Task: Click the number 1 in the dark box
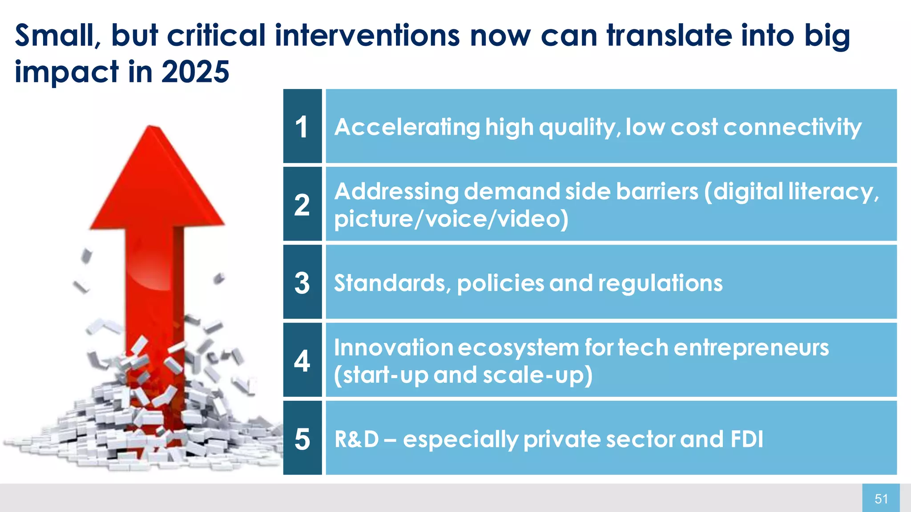(302, 127)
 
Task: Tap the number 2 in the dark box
(302, 205)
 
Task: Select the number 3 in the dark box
(302, 283)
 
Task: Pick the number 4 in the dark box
(302, 361)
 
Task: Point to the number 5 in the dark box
(302, 439)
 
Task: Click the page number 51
(881, 499)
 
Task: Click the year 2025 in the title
(195, 72)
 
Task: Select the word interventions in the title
(367, 36)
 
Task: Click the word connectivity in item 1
(792, 128)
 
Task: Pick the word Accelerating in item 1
(407, 128)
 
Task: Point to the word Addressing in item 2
(396, 192)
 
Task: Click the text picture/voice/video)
(451, 219)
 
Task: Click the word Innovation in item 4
(393, 347)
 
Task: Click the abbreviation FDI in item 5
(747, 439)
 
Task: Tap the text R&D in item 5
(356, 439)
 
